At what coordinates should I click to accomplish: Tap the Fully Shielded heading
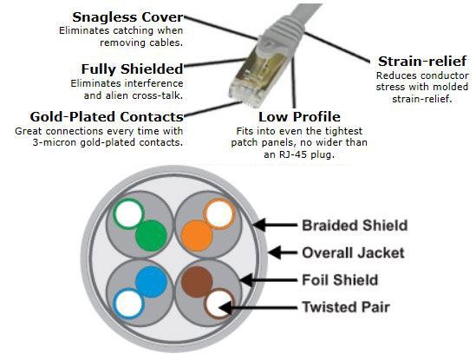tap(132, 69)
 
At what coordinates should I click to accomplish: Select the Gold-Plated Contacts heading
tap(107, 116)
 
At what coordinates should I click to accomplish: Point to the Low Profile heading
tap(299, 116)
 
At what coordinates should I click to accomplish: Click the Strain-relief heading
tap(422, 61)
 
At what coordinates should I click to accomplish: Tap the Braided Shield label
tap(354, 226)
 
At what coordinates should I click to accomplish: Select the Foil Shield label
tap(339, 279)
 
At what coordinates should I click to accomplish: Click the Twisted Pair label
tap(344, 305)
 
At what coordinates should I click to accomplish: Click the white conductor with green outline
tap(130, 212)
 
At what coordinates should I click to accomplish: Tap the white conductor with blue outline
tap(129, 303)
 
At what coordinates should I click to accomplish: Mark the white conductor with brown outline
tap(218, 303)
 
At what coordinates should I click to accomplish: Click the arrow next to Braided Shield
tap(276, 226)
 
